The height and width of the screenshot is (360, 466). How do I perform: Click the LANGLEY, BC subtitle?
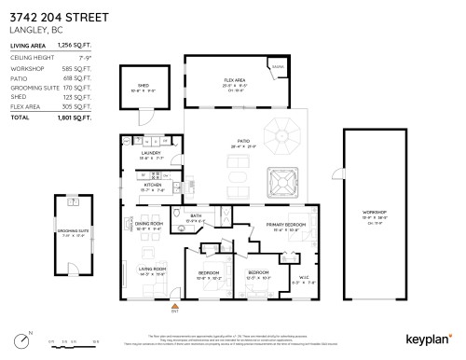(x=33, y=28)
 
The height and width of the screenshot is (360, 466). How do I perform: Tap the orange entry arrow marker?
(x=174, y=304)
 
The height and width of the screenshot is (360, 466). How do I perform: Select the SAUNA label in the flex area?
(x=278, y=67)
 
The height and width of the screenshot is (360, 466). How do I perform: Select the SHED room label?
(x=143, y=86)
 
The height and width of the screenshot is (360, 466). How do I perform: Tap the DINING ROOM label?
(x=149, y=224)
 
